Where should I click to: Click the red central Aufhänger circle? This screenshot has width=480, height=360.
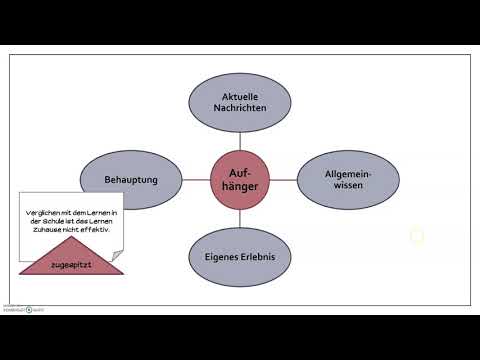tap(240, 181)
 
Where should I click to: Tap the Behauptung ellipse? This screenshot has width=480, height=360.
tap(131, 180)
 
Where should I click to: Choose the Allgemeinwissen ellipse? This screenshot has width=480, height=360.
tap(349, 180)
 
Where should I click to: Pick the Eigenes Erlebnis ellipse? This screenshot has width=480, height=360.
tap(240, 256)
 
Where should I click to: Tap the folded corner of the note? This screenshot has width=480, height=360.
tap(117, 257)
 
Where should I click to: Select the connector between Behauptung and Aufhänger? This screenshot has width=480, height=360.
tap(197, 181)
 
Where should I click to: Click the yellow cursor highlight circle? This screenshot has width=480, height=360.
tap(417, 237)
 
